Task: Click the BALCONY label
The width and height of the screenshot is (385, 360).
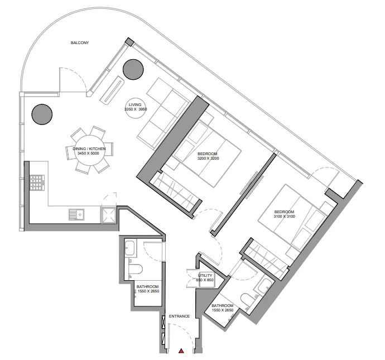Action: click(x=80, y=43)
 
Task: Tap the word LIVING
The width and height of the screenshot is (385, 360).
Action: click(x=135, y=104)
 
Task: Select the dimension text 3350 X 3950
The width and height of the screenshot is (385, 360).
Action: click(x=135, y=109)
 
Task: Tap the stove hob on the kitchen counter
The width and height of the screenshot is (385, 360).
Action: click(x=37, y=183)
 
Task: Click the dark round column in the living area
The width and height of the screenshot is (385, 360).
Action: click(x=133, y=70)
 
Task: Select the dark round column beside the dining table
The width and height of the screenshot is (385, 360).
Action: click(x=42, y=114)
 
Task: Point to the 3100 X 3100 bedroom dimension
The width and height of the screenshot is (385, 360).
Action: click(x=284, y=217)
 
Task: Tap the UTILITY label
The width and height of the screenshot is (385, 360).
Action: click(x=205, y=276)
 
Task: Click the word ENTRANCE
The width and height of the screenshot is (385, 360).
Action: click(x=179, y=316)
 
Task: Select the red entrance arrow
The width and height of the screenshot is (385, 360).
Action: click(x=181, y=351)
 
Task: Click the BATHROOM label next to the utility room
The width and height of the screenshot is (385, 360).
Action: click(x=222, y=305)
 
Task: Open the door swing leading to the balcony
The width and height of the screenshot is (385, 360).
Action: click(x=73, y=81)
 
